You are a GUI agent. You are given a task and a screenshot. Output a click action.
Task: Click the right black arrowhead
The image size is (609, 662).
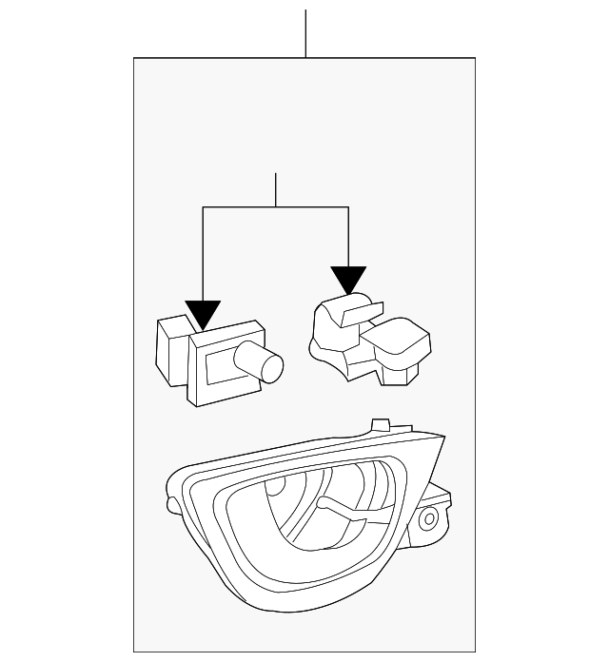pyautogui.click(x=348, y=279)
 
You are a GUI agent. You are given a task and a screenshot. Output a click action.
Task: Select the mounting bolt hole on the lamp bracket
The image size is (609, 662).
pyautogui.click(x=429, y=518)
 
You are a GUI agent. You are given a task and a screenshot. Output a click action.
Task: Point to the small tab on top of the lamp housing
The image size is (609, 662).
pyautogui.click(x=381, y=423)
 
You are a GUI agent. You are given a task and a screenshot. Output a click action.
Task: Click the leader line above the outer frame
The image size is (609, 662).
pyautogui.click(x=305, y=33)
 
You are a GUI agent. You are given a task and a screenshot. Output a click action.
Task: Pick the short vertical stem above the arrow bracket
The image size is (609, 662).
pyautogui.click(x=275, y=190)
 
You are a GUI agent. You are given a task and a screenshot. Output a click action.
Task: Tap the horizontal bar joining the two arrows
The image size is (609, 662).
pyautogui.click(x=275, y=207)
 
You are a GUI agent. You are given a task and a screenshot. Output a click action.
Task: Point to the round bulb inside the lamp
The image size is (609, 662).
pyautogui.click(x=275, y=488)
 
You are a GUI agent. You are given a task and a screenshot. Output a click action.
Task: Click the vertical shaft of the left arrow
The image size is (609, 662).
pyautogui.click(x=203, y=257)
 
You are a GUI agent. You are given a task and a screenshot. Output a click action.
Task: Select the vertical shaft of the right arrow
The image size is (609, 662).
pyautogui.click(x=348, y=238)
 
